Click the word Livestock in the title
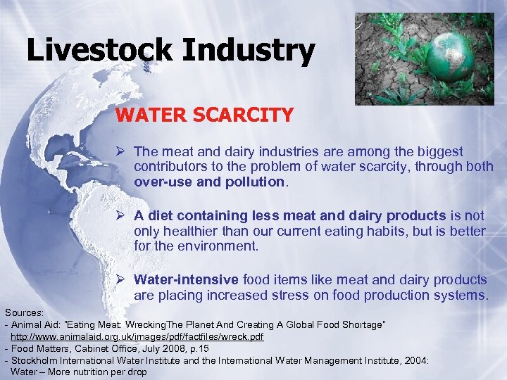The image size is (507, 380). tap(99, 51)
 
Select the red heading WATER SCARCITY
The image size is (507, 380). tap(204, 114)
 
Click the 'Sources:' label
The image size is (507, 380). tap(23, 311)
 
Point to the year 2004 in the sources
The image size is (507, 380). tap(415, 360)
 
